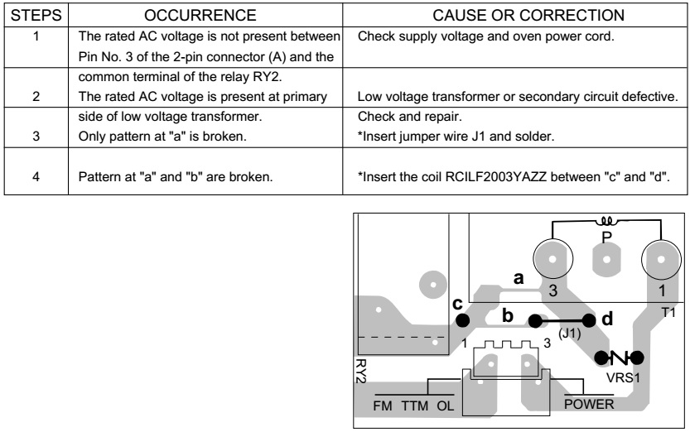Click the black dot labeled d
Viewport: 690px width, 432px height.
tap(589, 321)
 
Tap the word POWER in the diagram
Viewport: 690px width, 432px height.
tap(588, 404)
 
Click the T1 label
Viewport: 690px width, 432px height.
tap(668, 312)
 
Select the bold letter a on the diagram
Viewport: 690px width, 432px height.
tap(519, 279)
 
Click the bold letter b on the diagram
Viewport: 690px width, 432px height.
tap(509, 315)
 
